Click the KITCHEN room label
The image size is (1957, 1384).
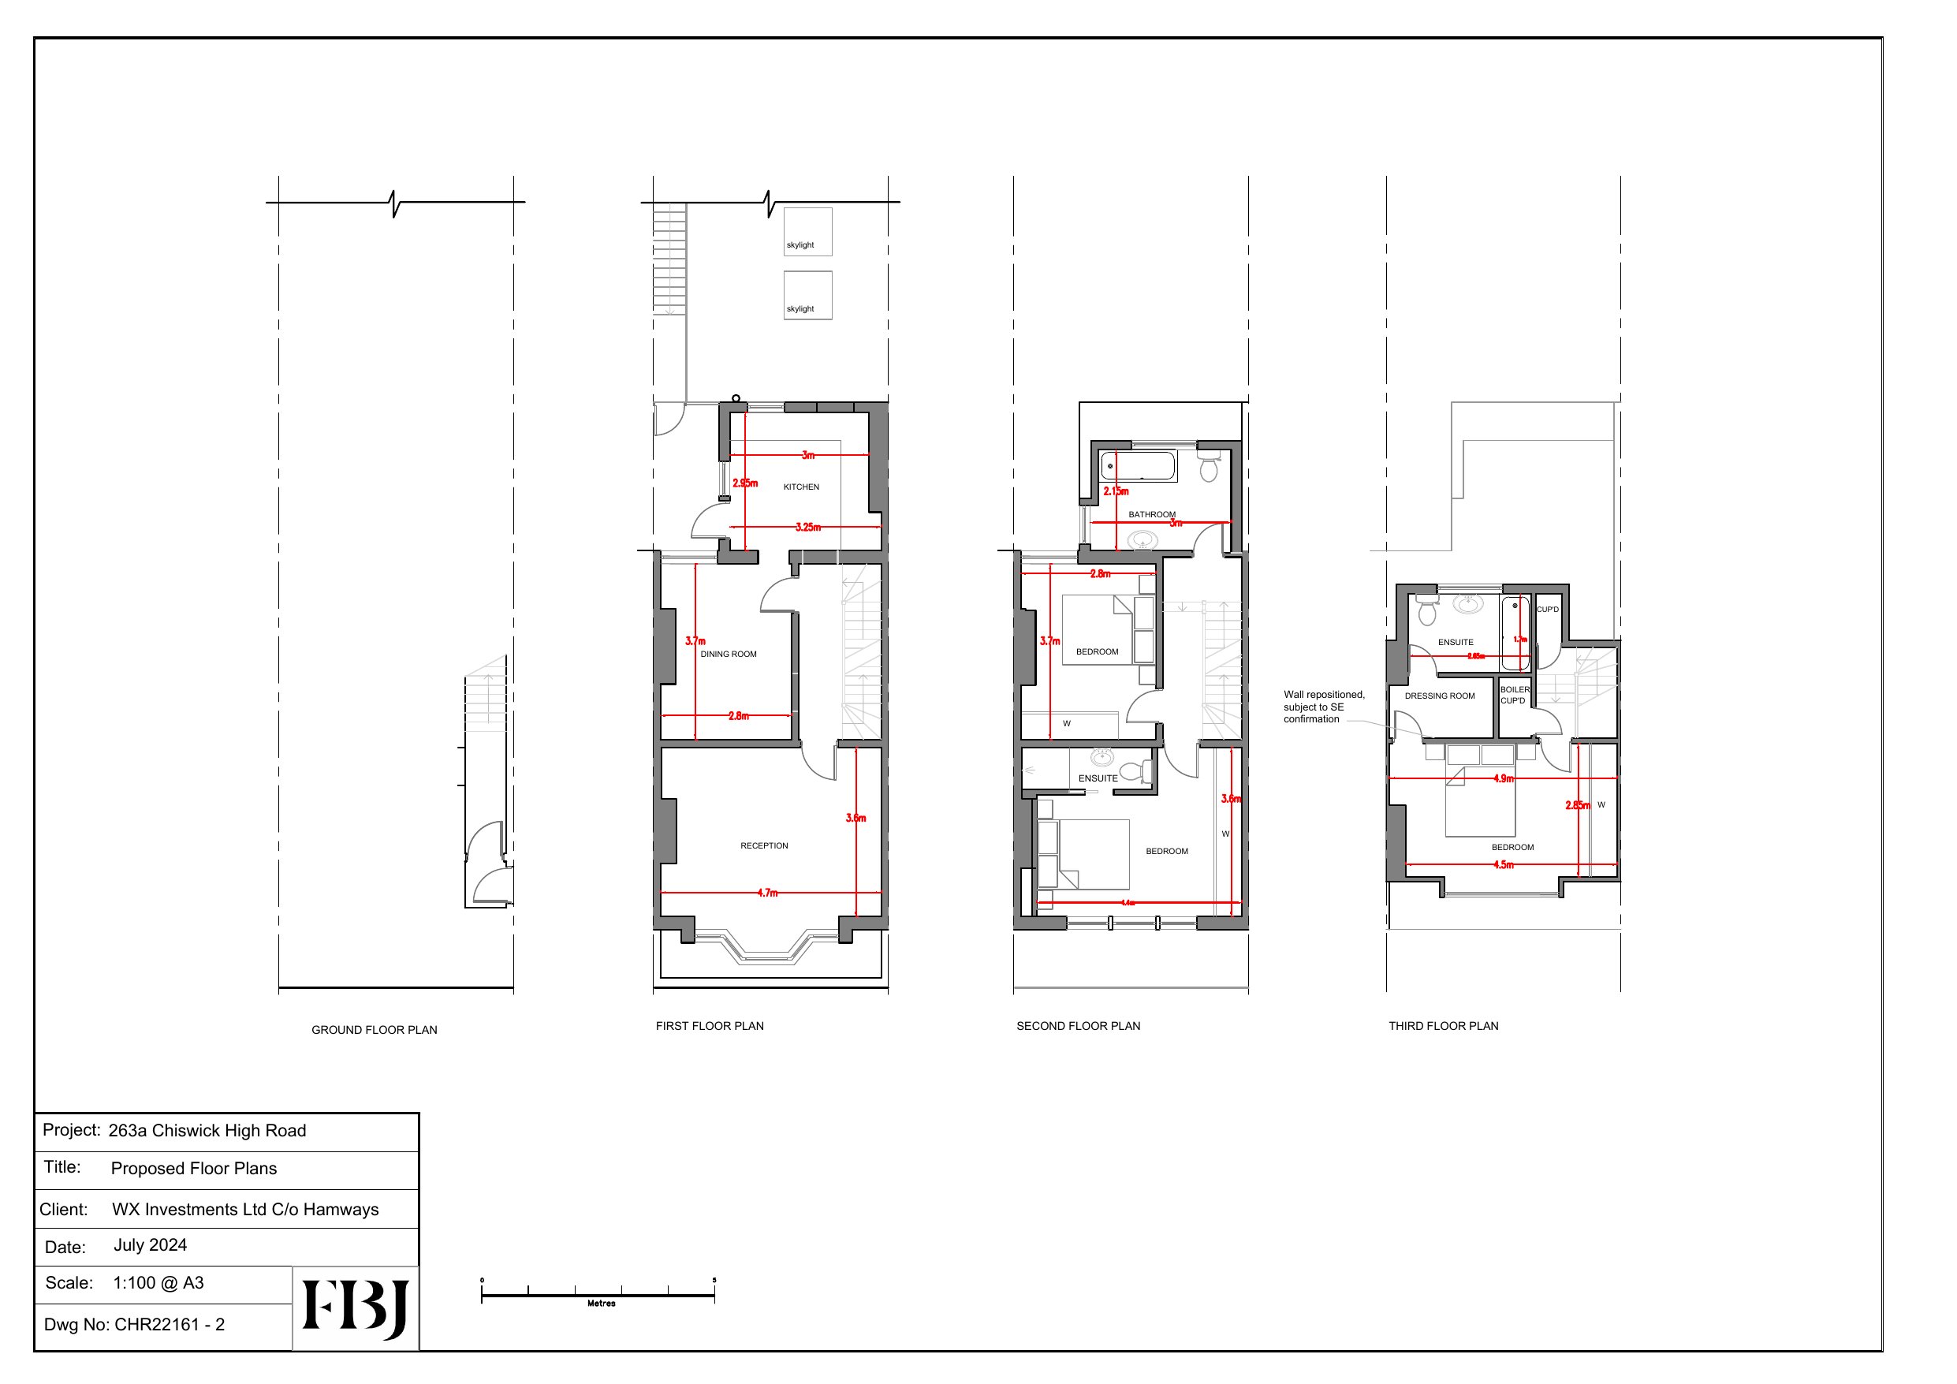pyautogui.click(x=800, y=487)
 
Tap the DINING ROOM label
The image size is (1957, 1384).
pyautogui.click(x=728, y=654)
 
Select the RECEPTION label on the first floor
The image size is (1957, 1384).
pyautogui.click(x=764, y=846)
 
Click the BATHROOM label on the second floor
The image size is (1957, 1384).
pyautogui.click(x=1151, y=514)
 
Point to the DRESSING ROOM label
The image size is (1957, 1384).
pyautogui.click(x=1439, y=696)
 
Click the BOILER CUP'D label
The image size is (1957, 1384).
pyautogui.click(x=1514, y=695)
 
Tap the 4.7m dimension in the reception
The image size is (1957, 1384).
pyautogui.click(x=767, y=893)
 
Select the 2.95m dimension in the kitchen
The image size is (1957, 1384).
pyautogui.click(x=745, y=483)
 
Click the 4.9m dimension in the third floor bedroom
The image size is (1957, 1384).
pyautogui.click(x=1504, y=778)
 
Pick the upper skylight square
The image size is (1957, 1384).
pyautogui.click(x=807, y=231)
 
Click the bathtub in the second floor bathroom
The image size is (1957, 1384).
pyautogui.click(x=1138, y=466)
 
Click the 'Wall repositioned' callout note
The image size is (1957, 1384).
pyautogui.click(x=1323, y=707)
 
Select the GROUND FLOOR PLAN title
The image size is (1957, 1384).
pyautogui.click(x=375, y=1030)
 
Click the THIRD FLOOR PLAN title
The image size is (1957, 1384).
pyautogui.click(x=1443, y=1026)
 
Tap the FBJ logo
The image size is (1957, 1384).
pyautogui.click(x=356, y=1308)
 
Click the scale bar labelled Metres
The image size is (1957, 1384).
pyautogui.click(x=598, y=1296)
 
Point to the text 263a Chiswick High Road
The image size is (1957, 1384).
pyautogui.click(x=207, y=1131)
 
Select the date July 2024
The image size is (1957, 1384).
pyautogui.click(x=150, y=1245)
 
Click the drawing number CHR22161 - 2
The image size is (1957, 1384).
pyautogui.click(x=169, y=1324)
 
